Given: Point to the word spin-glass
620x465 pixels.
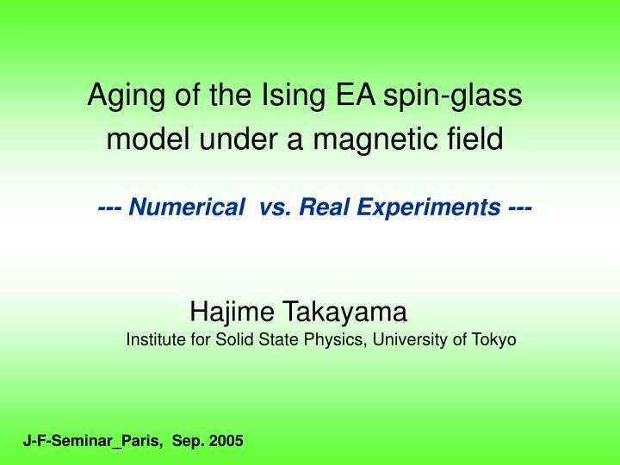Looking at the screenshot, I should [453, 97].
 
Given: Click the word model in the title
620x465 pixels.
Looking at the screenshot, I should [140, 139].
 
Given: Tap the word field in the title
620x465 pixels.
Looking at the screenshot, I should [479, 139].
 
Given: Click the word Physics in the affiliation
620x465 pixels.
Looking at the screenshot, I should [336, 340].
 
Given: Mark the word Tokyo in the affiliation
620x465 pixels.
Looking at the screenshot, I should [494, 340].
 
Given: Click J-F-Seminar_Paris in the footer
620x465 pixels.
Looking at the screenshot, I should [92, 441].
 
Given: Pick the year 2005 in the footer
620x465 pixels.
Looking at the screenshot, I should [226, 441].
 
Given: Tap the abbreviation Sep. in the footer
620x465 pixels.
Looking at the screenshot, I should [188, 442].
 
